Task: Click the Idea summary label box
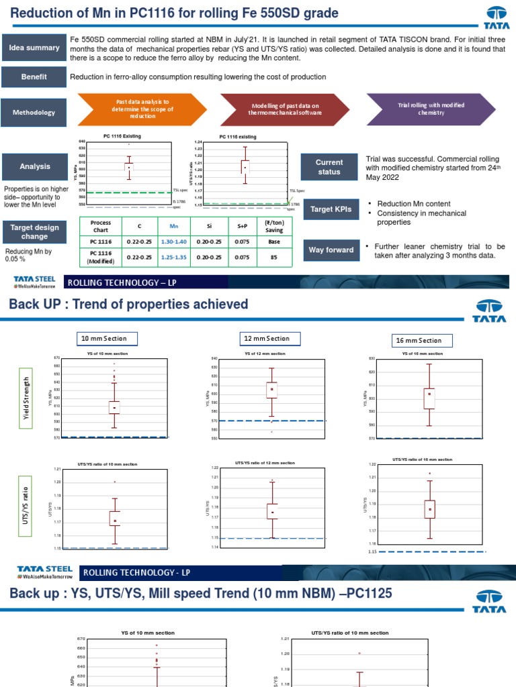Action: point(34,48)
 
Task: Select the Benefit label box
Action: point(34,77)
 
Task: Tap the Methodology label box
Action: point(34,112)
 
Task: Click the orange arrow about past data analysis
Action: point(140,109)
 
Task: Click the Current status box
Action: point(329,167)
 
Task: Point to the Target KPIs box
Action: point(329,209)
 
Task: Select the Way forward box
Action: point(331,250)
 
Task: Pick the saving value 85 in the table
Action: point(274,257)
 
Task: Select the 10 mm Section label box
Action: point(103,338)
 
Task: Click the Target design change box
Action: point(34,232)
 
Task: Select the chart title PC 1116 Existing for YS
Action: point(122,136)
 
